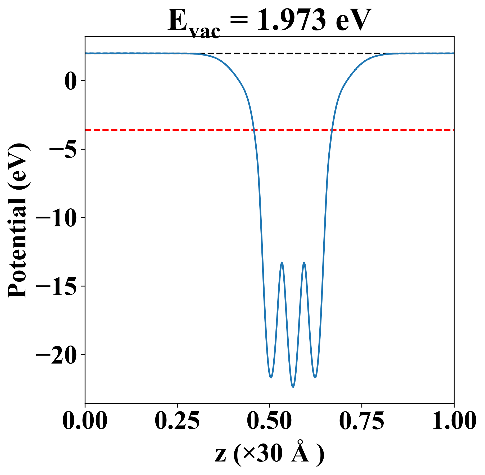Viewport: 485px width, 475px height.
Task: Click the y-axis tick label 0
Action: coord(70,81)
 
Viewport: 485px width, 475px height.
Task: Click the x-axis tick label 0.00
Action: coord(85,420)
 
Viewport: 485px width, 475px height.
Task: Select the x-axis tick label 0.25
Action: coord(177,420)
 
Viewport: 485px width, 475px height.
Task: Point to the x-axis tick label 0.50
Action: coord(269,420)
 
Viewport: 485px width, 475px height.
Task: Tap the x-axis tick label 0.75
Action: coord(361,420)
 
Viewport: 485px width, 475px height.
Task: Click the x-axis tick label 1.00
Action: coord(454,420)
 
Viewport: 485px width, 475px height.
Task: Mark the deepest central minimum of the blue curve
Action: coord(293,387)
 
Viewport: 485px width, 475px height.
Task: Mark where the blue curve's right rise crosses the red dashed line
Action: coord(332,130)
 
